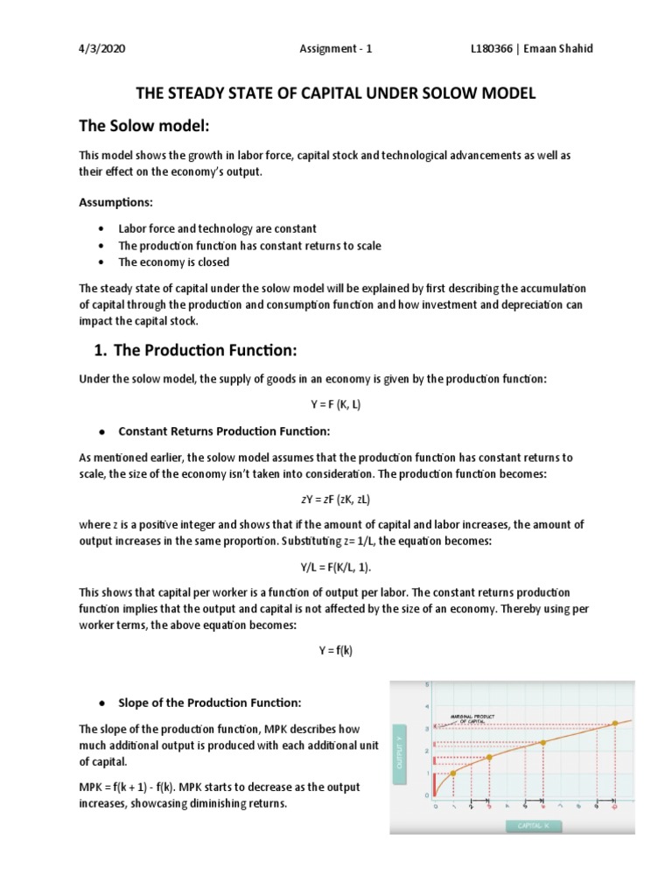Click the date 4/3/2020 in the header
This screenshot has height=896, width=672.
click(x=102, y=49)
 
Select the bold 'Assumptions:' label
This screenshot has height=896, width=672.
click(x=115, y=202)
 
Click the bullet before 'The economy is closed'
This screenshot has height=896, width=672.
click(x=103, y=262)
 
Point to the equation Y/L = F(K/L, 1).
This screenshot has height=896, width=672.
click(x=335, y=566)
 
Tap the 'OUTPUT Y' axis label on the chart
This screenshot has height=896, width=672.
click(x=401, y=753)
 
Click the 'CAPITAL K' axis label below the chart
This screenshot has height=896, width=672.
click(x=532, y=824)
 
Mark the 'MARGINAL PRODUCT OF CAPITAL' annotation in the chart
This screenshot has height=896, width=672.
click(x=472, y=718)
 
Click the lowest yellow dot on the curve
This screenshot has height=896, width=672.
click(x=453, y=773)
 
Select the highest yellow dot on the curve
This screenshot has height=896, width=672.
click(x=614, y=723)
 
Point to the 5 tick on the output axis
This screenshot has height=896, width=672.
click(x=427, y=683)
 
